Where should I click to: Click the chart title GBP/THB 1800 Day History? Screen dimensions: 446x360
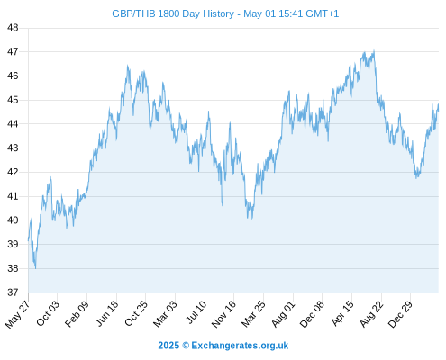[173, 13]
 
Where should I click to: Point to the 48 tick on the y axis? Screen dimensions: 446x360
[13, 28]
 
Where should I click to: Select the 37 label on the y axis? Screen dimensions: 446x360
[13, 292]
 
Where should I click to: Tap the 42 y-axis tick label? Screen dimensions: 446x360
[13, 172]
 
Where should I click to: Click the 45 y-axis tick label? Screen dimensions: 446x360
[13, 100]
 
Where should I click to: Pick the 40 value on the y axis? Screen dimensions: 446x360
[13, 220]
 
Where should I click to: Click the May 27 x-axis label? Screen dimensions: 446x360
[17, 314]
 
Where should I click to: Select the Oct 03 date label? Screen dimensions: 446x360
[48, 313]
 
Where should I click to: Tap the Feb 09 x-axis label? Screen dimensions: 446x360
[77, 314]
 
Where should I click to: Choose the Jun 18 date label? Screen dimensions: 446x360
[106, 313]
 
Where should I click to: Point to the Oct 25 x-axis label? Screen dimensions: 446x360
[136, 313]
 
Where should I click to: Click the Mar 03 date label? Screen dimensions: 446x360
[165, 314]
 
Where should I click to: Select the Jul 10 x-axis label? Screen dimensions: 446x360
[196, 312]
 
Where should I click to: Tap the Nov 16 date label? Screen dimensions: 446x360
[223, 314]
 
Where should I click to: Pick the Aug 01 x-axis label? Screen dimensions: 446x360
[283, 314]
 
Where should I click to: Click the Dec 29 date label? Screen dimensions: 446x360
[400, 314]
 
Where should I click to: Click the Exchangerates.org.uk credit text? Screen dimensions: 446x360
[240, 346]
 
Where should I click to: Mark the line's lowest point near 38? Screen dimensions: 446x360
[35, 268]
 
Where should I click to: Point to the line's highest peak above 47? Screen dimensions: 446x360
[374, 50]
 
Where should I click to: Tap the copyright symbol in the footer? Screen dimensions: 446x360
[186, 346]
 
